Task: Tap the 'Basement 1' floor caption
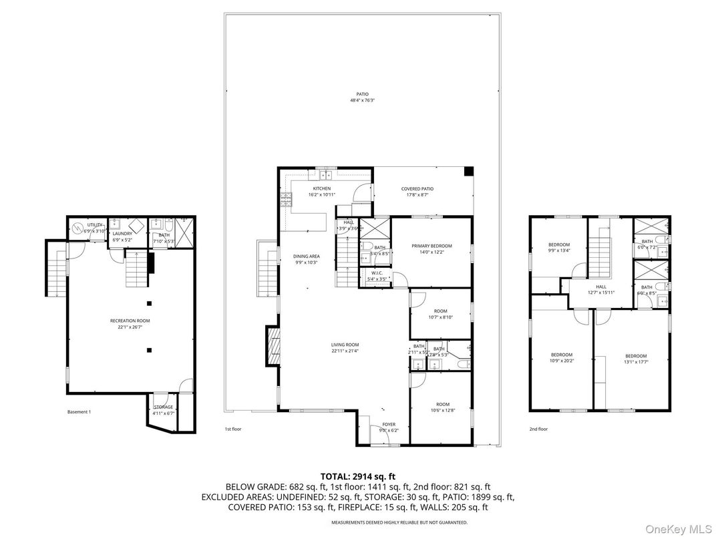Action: click(x=79, y=412)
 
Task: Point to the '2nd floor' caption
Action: click(x=538, y=429)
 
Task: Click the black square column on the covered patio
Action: click(x=468, y=171)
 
